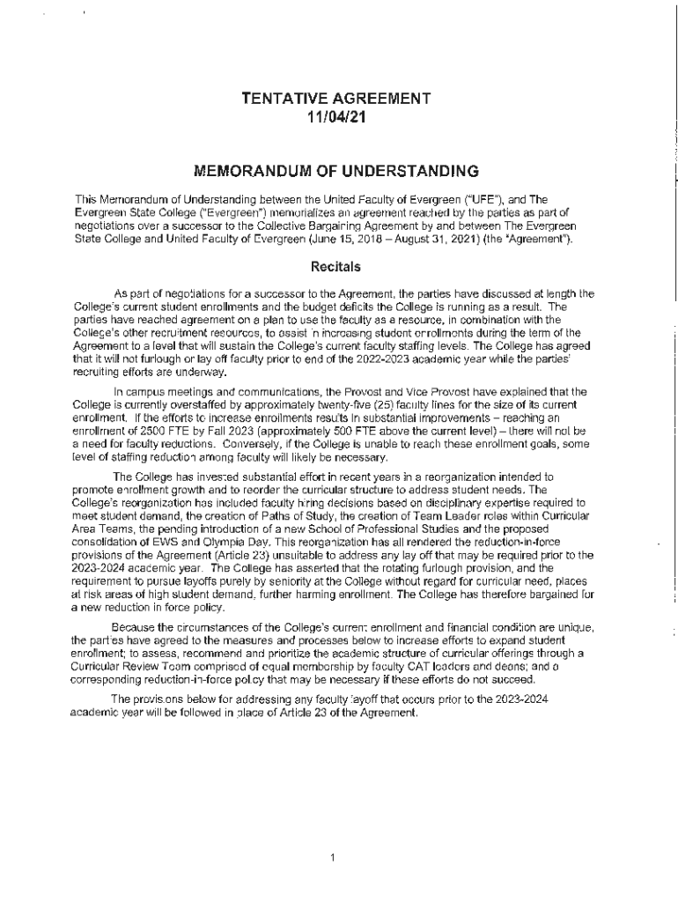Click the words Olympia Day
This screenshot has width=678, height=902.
click(x=254, y=537)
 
